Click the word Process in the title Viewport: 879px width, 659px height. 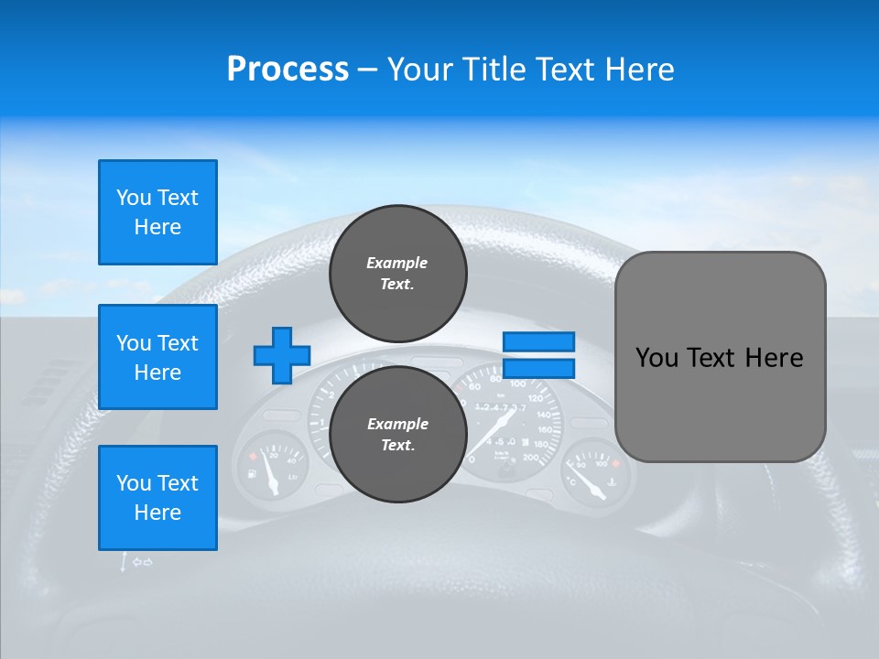(288, 70)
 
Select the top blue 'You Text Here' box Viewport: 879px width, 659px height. (157, 212)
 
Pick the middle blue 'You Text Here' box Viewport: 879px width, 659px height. (157, 357)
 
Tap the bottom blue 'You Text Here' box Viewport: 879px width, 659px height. (157, 498)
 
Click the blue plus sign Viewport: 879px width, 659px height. (282, 355)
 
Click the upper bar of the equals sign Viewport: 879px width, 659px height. (538, 341)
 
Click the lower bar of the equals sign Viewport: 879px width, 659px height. (538, 369)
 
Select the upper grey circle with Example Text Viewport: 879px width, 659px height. (397, 273)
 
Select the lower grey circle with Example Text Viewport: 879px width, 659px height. (397, 434)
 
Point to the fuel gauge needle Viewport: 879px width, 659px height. (270, 473)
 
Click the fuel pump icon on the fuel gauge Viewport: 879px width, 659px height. (251, 475)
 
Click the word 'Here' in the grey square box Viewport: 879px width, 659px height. (774, 358)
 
